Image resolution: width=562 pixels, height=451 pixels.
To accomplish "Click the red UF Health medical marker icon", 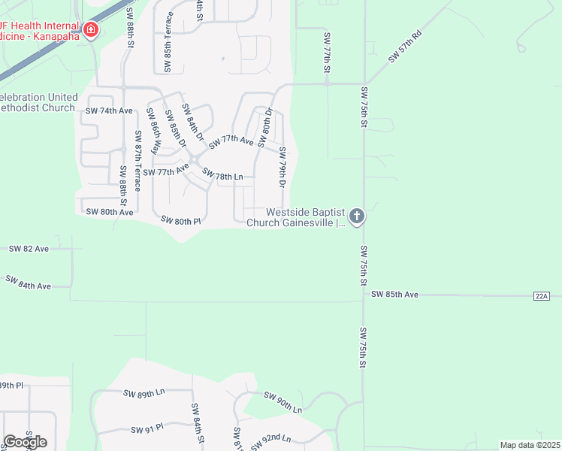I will pos(91,30).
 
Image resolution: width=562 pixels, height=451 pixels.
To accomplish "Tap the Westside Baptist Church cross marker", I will pos(357,217).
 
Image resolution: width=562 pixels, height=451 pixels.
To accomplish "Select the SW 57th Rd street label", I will pos(406,47).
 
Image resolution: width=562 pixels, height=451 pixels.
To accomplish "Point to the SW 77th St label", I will pos(328,53).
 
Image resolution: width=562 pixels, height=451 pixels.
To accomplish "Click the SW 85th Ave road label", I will pos(394,295).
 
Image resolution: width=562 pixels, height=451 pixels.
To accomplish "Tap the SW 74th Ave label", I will pos(109,110).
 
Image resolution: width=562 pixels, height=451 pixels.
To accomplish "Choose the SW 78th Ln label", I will pos(224,175).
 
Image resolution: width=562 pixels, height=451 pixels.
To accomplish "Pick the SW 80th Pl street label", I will pos(181,221).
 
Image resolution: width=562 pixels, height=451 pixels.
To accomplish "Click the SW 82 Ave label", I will pos(29,248).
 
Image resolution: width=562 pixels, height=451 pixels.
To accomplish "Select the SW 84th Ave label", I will pos(29,283).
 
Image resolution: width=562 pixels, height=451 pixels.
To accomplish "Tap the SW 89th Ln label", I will pos(144,393).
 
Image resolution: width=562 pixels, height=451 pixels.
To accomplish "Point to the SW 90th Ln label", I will pos(283,402).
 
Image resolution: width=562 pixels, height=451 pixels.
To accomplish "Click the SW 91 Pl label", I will pos(147,430).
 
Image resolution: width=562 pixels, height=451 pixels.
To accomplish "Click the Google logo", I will pos(25,441).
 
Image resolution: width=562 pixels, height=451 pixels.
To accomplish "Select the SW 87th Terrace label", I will pos(137,161).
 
